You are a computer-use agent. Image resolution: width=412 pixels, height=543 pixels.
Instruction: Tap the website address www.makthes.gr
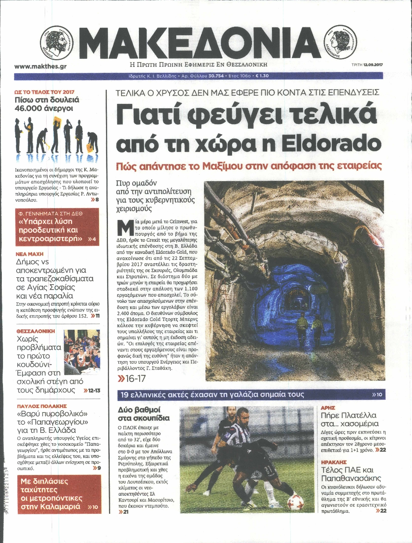point(41,67)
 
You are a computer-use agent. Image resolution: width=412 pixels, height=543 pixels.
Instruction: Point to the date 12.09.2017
point(373,64)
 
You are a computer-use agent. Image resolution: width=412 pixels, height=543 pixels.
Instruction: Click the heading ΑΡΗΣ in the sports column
point(328,408)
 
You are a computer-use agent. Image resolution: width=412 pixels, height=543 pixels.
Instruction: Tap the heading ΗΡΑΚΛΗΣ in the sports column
point(334,462)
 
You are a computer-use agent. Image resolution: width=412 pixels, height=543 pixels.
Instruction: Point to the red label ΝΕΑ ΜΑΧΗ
point(30,254)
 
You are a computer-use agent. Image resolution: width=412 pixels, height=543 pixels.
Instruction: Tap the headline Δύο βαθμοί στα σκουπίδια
point(144,414)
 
